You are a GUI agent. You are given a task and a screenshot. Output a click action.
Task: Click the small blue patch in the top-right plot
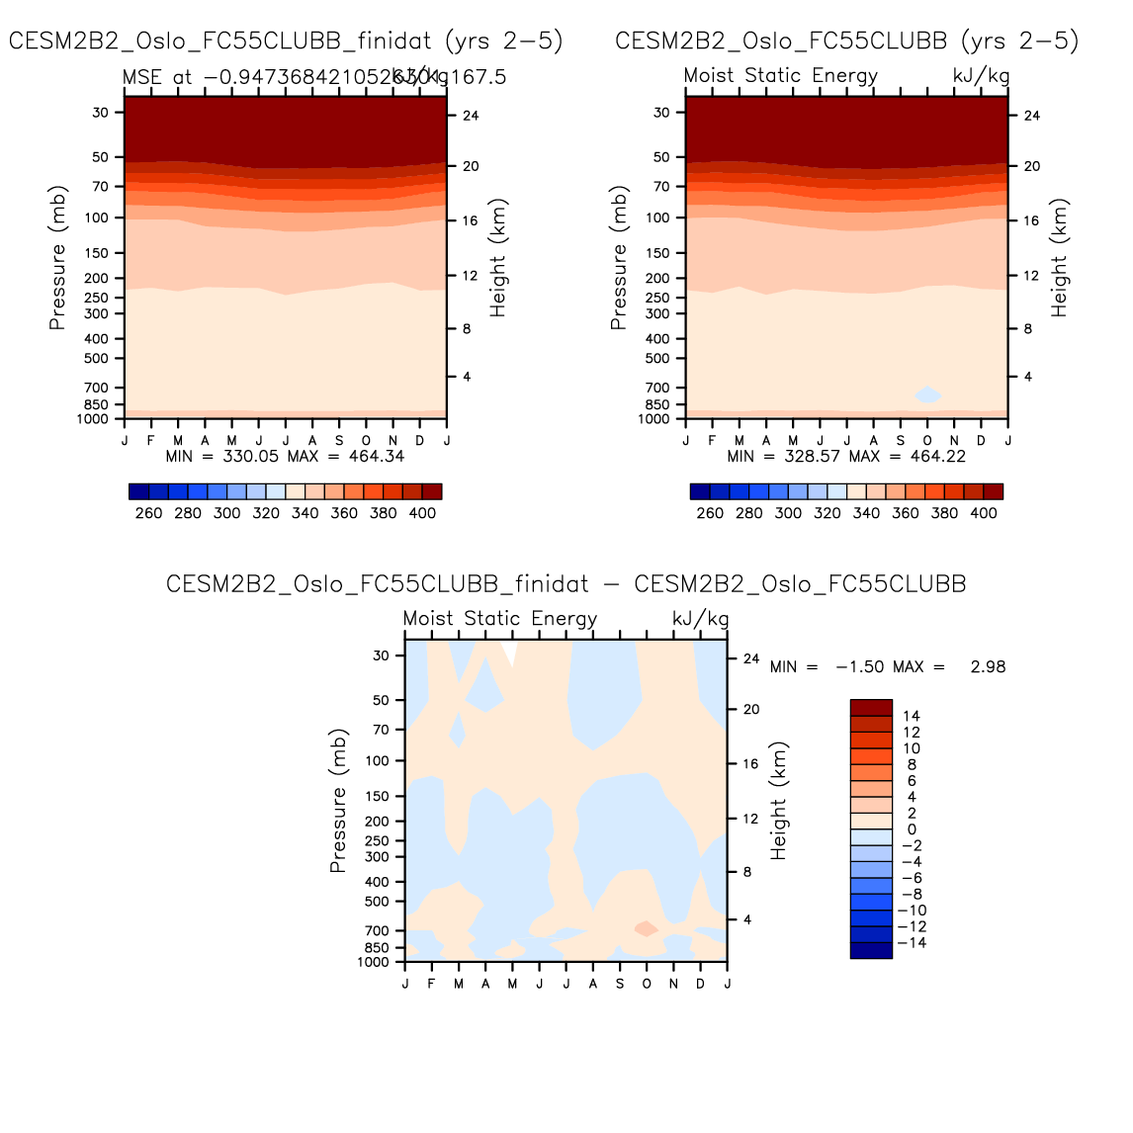[x=927, y=394]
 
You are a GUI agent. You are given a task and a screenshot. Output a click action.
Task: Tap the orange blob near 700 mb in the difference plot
[x=646, y=928]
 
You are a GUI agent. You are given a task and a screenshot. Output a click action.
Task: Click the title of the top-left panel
[x=286, y=41]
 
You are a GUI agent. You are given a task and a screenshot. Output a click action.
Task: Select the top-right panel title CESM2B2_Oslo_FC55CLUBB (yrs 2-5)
[x=846, y=41]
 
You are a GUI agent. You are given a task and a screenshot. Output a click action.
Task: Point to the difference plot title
[x=566, y=583]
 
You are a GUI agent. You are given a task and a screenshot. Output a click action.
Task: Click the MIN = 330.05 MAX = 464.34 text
[x=285, y=456]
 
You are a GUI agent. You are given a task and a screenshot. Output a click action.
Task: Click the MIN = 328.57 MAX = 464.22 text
[x=846, y=456]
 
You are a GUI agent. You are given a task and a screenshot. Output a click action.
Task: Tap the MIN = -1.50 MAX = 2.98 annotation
[x=887, y=666]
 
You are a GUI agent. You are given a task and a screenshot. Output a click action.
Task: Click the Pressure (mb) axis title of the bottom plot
[x=338, y=802]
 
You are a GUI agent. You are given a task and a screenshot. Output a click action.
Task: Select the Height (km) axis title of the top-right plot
[x=1059, y=258]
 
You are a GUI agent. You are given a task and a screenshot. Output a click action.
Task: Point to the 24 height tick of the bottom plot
[x=751, y=658]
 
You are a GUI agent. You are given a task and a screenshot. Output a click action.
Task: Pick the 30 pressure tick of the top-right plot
[x=661, y=113]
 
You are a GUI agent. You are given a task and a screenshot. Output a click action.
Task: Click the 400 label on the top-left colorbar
[x=422, y=513]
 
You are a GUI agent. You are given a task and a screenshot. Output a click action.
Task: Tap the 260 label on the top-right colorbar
[x=710, y=513]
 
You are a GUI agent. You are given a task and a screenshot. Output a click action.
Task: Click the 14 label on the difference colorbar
[x=911, y=716]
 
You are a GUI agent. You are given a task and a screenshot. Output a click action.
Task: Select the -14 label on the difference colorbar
[x=911, y=943]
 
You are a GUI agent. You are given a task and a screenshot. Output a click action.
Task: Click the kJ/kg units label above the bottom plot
[x=700, y=619]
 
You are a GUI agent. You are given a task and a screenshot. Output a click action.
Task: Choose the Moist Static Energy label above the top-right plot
[x=780, y=76]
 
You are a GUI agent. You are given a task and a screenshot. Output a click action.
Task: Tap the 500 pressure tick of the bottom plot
[x=377, y=902]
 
